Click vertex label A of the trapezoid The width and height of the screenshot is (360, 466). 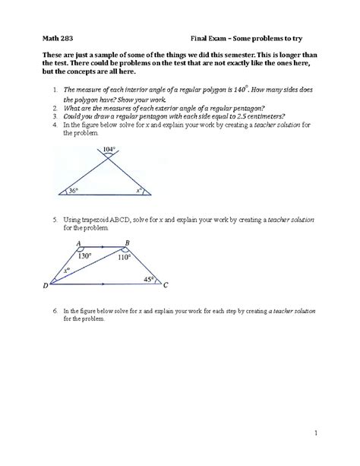(79, 243)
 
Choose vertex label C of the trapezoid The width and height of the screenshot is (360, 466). (166, 286)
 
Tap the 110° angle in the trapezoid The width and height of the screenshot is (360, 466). (124, 257)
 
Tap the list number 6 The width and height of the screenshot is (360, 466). (55, 312)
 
